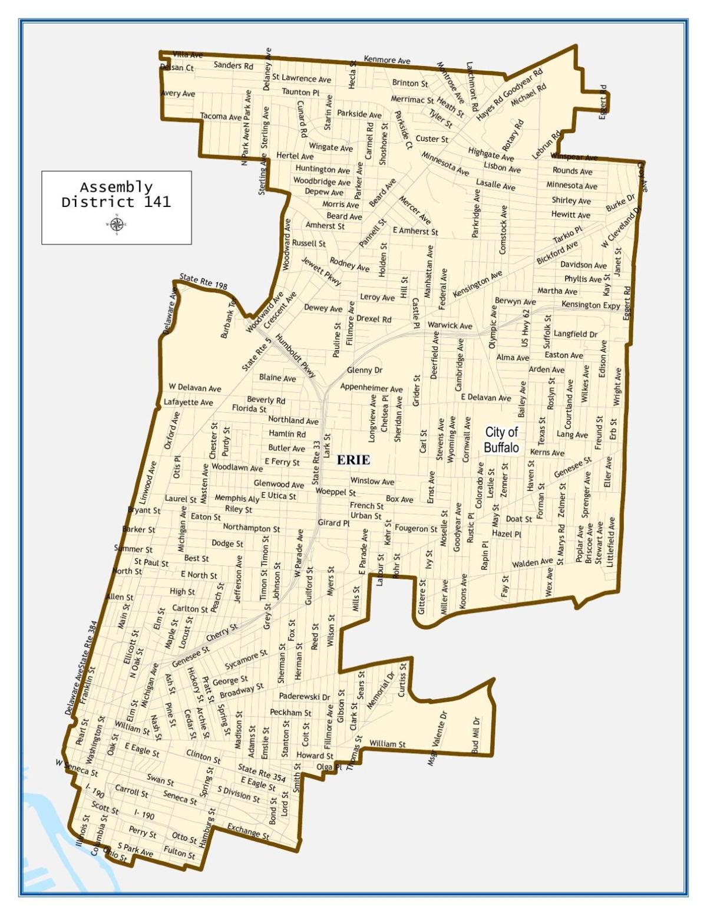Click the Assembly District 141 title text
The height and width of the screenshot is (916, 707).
pyautogui.click(x=116, y=195)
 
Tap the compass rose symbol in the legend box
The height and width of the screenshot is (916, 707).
pyautogui.click(x=117, y=224)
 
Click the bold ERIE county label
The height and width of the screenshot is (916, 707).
pyautogui.click(x=353, y=460)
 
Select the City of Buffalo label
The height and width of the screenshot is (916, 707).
pyautogui.click(x=501, y=440)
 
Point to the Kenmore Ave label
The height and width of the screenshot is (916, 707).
pyautogui.click(x=387, y=60)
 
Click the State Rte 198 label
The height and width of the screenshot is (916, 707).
pyautogui.click(x=203, y=281)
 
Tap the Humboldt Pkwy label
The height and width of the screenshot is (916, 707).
pyautogui.click(x=296, y=356)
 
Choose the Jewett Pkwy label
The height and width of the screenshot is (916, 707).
pyautogui.click(x=321, y=271)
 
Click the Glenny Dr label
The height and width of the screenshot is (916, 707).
pyautogui.click(x=365, y=370)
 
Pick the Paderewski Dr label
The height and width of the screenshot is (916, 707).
pyautogui.click(x=305, y=696)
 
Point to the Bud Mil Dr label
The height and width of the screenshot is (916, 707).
pyautogui.click(x=475, y=734)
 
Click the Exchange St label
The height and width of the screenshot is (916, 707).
pyautogui.click(x=248, y=831)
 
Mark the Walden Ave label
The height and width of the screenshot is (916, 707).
pyautogui.click(x=532, y=564)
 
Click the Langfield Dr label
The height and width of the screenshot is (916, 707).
pyautogui.click(x=576, y=334)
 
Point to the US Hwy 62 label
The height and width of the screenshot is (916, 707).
pyautogui.click(x=526, y=328)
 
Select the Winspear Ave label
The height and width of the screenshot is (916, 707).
pyautogui.click(x=574, y=157)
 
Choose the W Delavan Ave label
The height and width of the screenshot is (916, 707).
pyautogui.click(x=195, y=388)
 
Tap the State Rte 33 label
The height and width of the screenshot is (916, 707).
pyautogui.click(x=316, y=463)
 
